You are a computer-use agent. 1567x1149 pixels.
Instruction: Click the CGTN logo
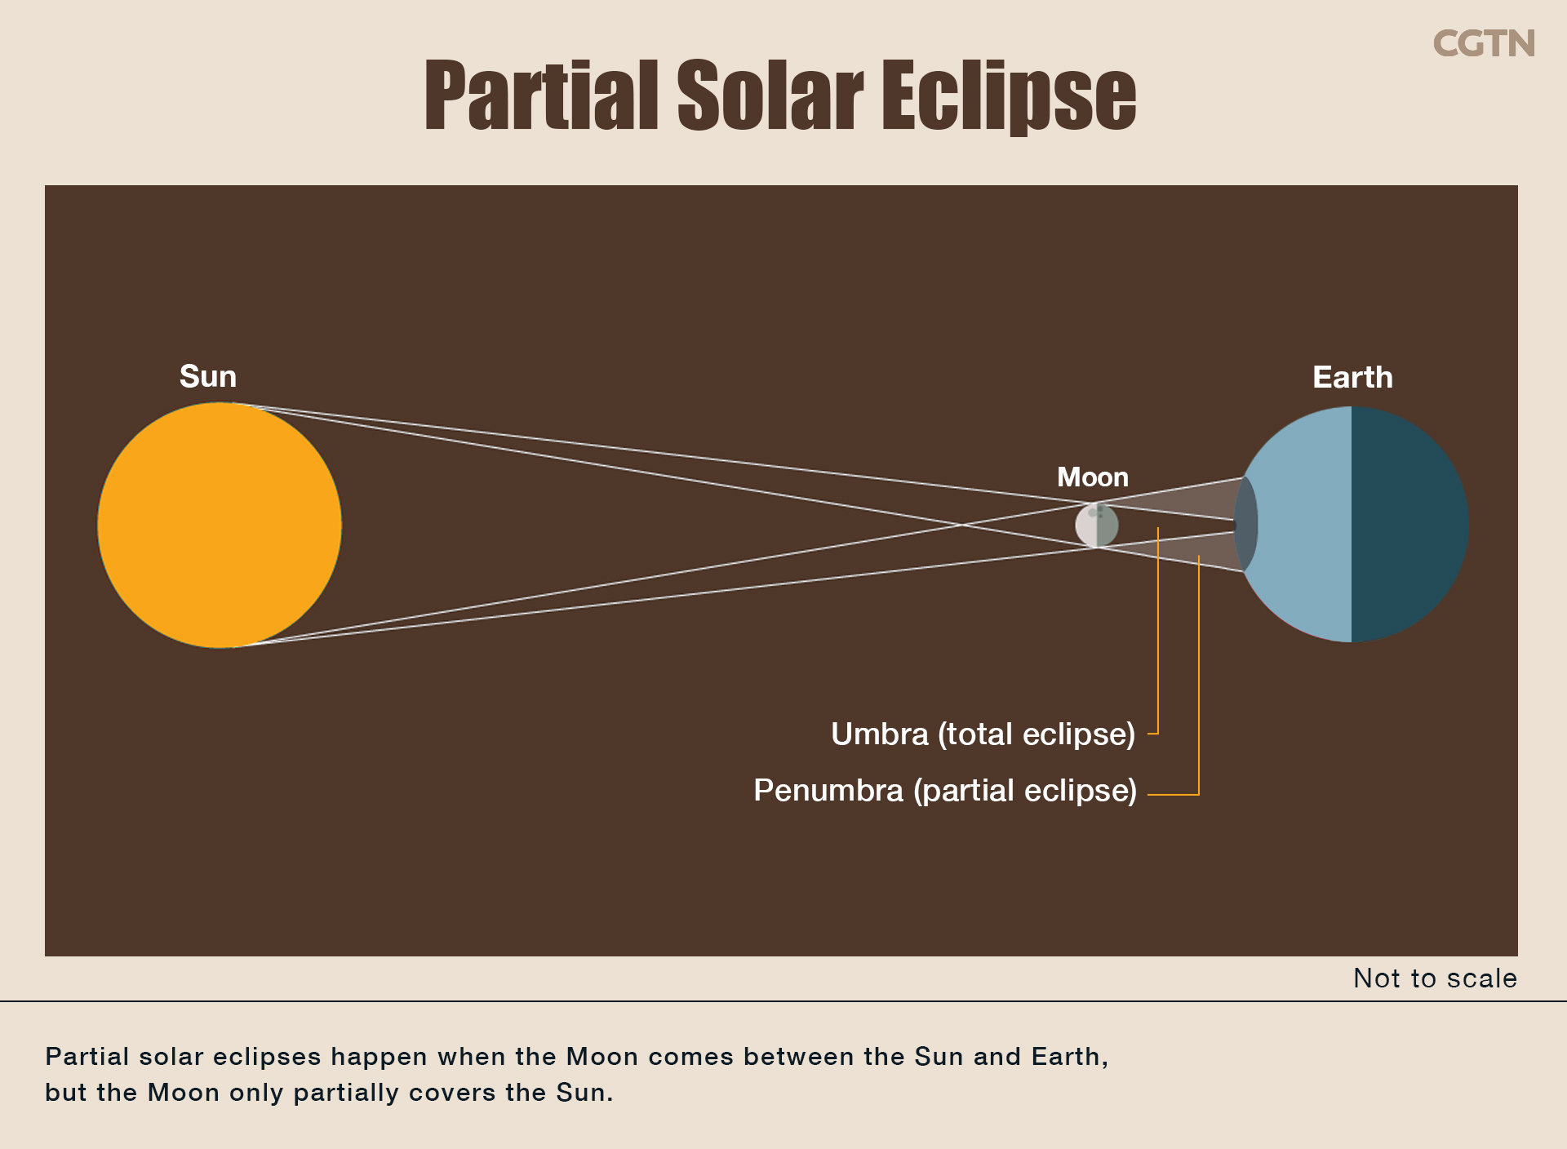[1484, 44]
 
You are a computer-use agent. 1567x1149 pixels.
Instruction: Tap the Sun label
[208, 376]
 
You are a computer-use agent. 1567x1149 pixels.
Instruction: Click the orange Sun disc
[220, 526]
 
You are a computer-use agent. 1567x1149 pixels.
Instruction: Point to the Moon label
[1093, 477]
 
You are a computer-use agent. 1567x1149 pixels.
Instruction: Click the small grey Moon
[1096, 525]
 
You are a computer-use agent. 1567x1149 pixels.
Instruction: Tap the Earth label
[1352, 377]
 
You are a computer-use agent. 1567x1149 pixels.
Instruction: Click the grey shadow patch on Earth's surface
[1246, 525]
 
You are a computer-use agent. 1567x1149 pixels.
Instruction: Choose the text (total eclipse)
[1037, 734]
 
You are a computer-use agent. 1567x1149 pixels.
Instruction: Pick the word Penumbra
[828, 790]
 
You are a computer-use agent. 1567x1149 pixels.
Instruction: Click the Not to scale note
[1435, 978]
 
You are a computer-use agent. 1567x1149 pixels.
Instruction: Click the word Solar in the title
[770, 95]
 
